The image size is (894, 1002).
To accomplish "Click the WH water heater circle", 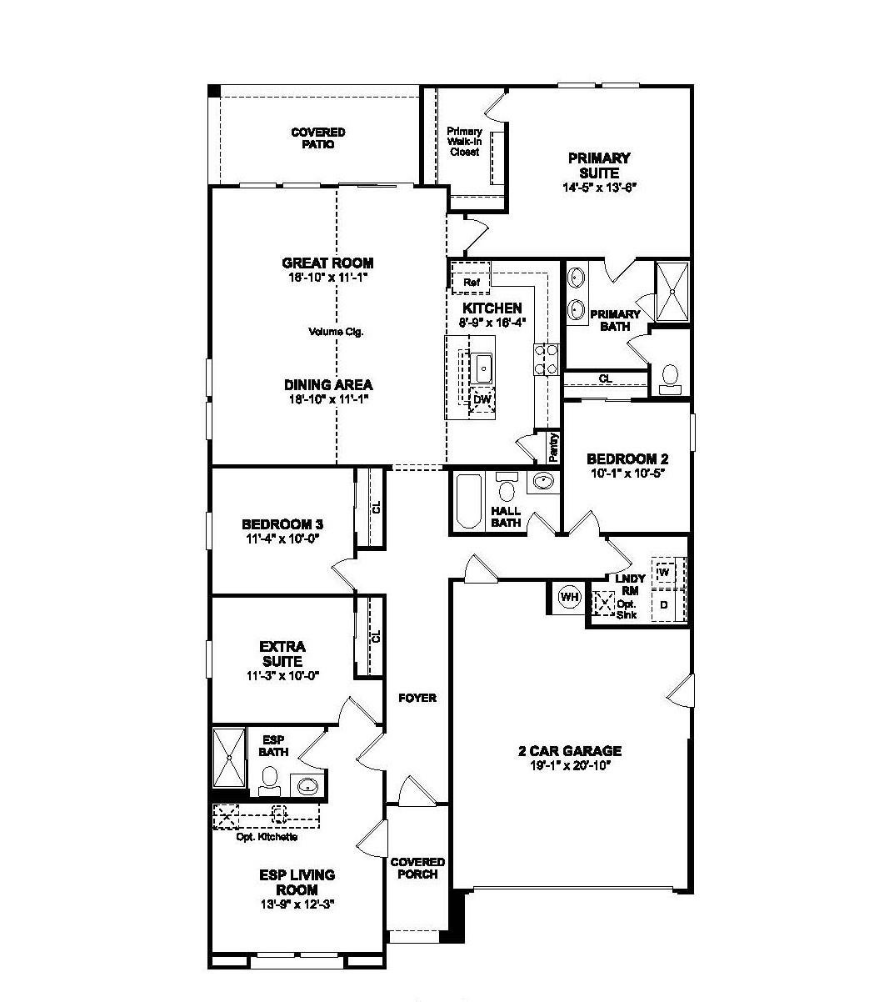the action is click(x=570, y=597).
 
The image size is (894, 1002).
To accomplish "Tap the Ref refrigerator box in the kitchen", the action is click(x=471, y=278).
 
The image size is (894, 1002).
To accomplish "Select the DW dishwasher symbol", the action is click(x=482, y=399).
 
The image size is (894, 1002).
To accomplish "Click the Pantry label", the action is click(x=553, y=447).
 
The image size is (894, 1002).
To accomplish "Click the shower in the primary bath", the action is click(x=672, y=292).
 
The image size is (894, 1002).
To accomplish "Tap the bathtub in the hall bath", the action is click(x=468, y=502).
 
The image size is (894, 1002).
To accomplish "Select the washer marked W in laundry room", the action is click(x=665, y=573).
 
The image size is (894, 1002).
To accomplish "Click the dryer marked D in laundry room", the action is click(x=665, y=604).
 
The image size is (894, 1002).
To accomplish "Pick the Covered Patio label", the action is click(x=318, y=138).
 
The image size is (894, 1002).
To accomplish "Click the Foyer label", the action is click(x=417, y=698).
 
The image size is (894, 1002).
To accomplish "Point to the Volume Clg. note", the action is click(x=336, y=332).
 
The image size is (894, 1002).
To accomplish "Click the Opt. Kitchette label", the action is click(x=267, y=837).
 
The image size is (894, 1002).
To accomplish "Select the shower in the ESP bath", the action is click(x=229, y=757).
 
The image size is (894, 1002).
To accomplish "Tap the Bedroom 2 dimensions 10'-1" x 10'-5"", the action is click(x=627, y=473).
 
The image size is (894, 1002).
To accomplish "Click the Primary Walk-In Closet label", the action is click(x=464, y=142).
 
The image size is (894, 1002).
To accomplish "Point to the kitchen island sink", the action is click(x=481, y=368).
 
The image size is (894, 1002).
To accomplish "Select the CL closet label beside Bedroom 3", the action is click(x=377, y=507).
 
